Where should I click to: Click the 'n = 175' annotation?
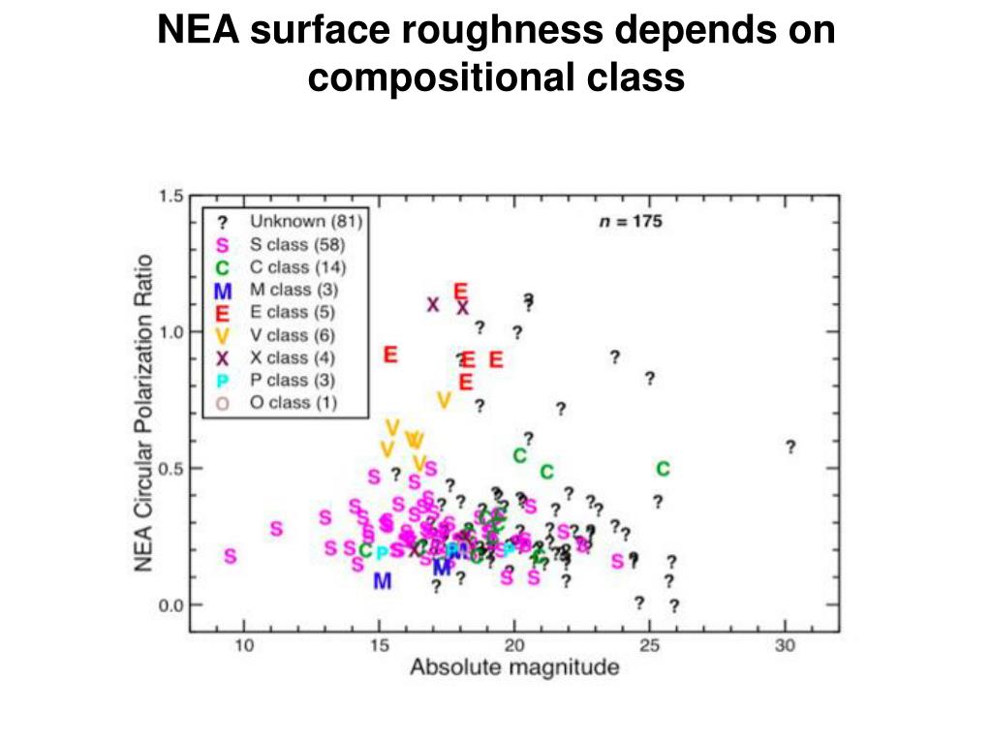pos(628,222)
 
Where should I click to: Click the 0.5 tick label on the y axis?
pos(170,469)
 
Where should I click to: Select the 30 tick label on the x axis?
pos(785,646)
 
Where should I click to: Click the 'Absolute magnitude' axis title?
pos(514,668)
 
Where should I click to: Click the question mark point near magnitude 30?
pos(790,447)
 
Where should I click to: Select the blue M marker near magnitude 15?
pos(383,580)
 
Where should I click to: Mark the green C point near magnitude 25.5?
pos(663,469)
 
